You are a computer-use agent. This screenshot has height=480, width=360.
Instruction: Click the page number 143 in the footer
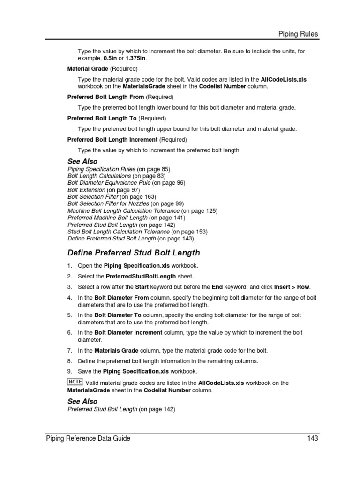[x=313, y=438]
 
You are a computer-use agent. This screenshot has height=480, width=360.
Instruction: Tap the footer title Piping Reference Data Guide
[x=88, y=438]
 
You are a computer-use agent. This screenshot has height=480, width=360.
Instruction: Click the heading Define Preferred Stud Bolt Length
[x=134, y=253]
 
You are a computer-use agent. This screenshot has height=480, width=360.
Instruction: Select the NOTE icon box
[x=74, y=382]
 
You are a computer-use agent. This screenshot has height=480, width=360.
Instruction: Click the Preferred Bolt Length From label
[x=106, y=97]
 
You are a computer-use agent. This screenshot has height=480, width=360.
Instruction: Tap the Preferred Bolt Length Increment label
[x=112, y=139]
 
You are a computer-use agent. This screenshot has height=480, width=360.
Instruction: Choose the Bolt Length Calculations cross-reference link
[x=99, y=176]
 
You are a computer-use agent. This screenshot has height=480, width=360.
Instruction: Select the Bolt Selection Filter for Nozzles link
[x=112, y=203]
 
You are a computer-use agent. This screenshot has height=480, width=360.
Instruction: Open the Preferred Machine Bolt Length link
[x=107, y=217]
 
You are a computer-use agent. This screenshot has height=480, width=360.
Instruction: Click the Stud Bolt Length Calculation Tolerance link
[x=119, y=232]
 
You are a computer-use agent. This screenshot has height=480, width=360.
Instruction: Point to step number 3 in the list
[x=69, y=287]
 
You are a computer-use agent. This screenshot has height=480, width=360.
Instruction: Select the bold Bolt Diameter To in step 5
[x=115, y=315]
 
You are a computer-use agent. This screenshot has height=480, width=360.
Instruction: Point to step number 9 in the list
[x=69, y=371]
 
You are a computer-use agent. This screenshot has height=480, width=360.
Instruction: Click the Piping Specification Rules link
[x=102, y=169]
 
